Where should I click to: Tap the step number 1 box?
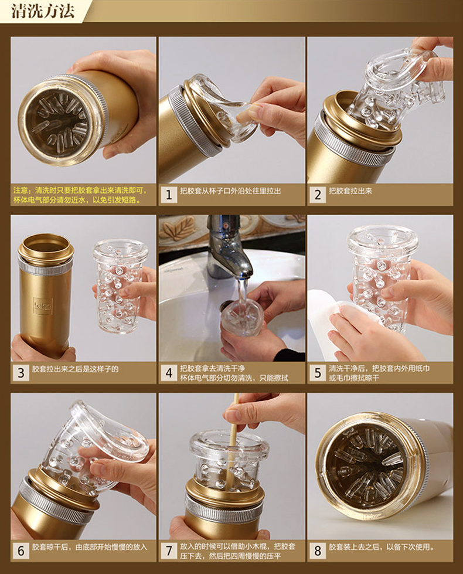click(x=169, y=195)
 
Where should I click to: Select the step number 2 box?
click(x=317, y=195)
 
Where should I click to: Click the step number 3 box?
click(x=21, y=373)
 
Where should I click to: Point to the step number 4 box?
click(x=169, y=373)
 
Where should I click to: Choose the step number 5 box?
click(x=317, y=373)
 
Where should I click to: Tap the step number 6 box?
click(x=21, y=551)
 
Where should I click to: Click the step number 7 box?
click(x=169, y=551)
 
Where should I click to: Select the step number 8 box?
click(x=317, y=551)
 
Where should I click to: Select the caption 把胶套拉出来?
click(x=350, y=191)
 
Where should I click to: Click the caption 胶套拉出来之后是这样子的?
click(x=75, y=369)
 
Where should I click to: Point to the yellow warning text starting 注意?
click(x=80, y=195)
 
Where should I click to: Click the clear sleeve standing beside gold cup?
click(x=119, y=286)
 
